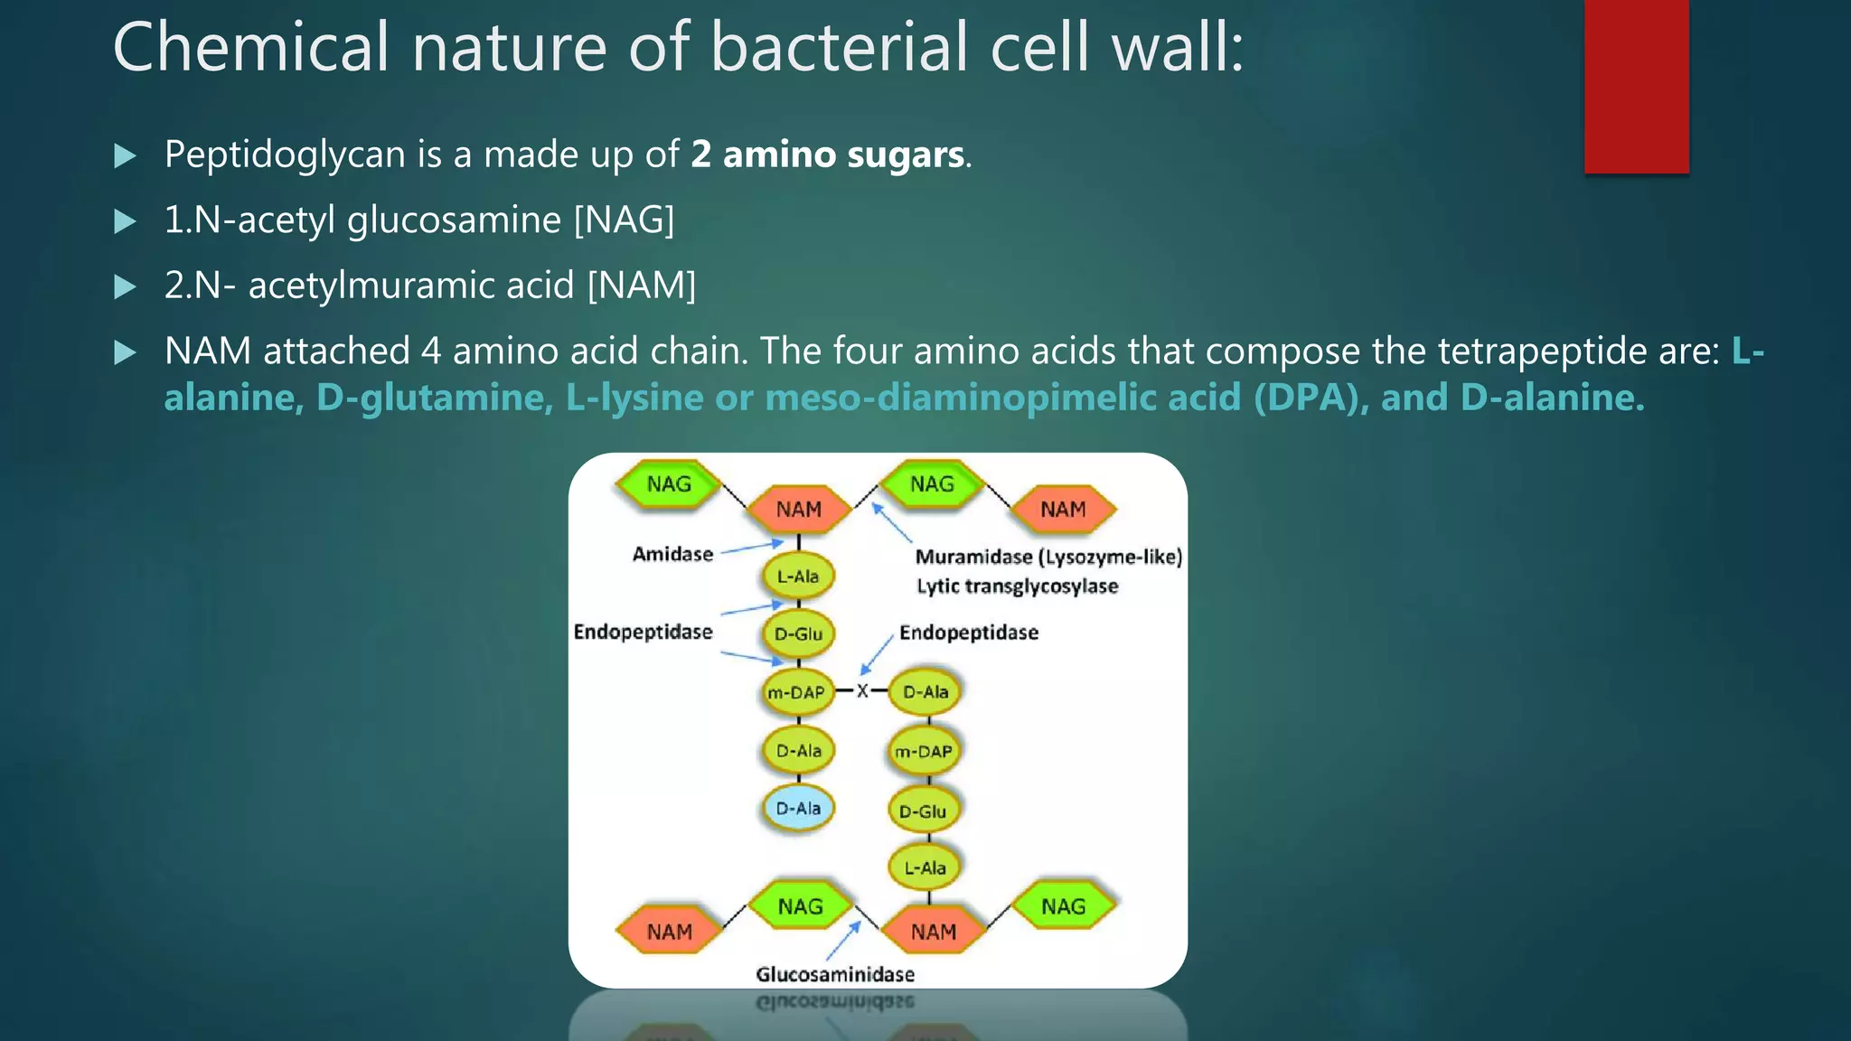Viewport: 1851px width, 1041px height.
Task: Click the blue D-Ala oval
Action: pos(798,808)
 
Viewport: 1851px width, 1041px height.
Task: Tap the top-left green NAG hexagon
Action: pos(669,484)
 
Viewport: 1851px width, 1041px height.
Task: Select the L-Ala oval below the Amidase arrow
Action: pos(798,576)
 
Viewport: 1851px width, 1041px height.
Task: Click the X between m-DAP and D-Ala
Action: pos(862,691)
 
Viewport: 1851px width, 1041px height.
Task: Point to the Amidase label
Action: pos(672,554)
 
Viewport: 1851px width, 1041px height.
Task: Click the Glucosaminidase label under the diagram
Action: pos(835,974)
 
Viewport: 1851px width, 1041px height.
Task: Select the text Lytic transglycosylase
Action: pos(1017,586)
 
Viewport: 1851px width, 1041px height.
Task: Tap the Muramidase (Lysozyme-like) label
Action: pos(1048,557)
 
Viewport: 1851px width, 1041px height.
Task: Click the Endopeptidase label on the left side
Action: pos(643,632)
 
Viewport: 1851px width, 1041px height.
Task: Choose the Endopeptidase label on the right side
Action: pos(969,633)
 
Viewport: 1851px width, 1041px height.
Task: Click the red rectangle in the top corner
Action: pos(1636,86)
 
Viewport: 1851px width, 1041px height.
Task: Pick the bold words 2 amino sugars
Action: pos(827,155)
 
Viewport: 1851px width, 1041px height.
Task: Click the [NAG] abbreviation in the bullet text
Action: pos(625,220)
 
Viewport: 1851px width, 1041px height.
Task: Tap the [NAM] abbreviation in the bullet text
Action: pos(642,286)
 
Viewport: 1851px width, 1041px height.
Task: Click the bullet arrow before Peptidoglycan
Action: pos(126,156)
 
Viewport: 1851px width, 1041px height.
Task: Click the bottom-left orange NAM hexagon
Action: pos(669,932)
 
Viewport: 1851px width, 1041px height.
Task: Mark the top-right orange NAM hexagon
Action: pos(1063,510)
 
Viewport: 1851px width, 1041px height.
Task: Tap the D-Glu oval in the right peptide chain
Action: pos(923,811)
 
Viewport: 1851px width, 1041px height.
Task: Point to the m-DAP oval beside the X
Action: pos(796,693)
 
